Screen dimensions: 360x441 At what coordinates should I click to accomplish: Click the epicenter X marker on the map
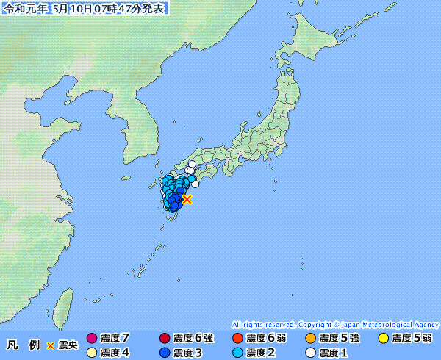[x=187, y=199]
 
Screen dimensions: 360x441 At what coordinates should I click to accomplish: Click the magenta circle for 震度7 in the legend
[x=92, y=339]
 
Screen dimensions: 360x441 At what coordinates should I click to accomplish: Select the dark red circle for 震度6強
[x=165, y=339]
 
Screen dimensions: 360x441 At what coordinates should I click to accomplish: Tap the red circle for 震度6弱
[x=237, y=339]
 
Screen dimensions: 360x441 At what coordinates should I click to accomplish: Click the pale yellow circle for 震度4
[x=92, y=353]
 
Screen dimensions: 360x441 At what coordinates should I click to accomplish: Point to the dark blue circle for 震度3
[x=165, y=353]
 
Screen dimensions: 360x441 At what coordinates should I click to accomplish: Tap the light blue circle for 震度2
[x=237, y=353]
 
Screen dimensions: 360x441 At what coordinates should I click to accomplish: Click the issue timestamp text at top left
[x=85, y=9]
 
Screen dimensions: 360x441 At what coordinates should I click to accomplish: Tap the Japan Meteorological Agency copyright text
[x=335, y=324]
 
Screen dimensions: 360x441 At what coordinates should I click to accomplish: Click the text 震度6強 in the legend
[x=193, y=339]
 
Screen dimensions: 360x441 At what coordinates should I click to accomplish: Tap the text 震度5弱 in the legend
[x=412, y=339]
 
